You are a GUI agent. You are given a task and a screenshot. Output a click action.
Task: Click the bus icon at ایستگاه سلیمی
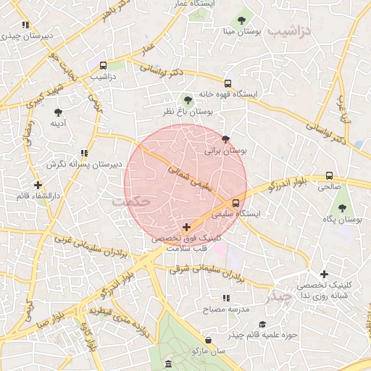(235, 203)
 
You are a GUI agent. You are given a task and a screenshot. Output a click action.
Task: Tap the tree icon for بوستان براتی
(225, 139)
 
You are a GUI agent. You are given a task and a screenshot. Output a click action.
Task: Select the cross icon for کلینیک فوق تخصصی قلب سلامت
(187, 227)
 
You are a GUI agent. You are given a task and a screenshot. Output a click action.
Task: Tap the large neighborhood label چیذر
(278, 297)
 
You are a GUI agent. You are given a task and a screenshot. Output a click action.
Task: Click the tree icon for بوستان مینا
(241, 20)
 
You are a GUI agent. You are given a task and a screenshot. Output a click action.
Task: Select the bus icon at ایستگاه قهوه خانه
(228, 83)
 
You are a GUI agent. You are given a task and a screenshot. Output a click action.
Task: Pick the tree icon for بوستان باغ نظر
(188, 100)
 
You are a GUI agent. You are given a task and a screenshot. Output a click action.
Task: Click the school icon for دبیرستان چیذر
(25, 24)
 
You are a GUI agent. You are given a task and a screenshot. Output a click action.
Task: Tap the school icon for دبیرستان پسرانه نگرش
(84, 153)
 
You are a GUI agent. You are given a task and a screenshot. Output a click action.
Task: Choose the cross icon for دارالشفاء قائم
(38, 185)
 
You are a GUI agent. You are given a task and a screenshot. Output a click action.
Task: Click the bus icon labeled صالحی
(330, 175)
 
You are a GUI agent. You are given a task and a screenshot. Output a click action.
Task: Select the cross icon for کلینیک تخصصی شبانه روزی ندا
(323, 274)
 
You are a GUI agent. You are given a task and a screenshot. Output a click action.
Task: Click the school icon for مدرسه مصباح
(227, 298)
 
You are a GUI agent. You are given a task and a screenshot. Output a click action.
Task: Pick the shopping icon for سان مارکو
(209, 340)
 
